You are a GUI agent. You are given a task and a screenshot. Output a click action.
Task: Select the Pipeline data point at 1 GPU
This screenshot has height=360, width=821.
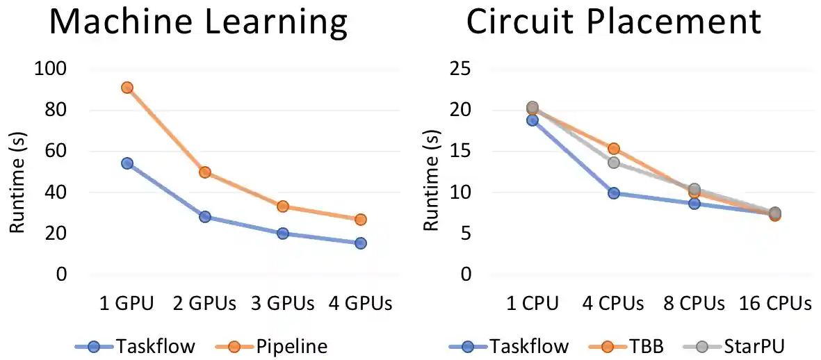tap(127, 88)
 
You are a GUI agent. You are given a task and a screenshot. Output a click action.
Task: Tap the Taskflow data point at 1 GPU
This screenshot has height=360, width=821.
tap(127, 163)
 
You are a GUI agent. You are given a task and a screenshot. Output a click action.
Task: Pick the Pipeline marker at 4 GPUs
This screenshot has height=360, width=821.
tap(360, 220)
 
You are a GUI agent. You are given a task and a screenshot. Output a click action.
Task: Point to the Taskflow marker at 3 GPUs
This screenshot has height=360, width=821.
tap(282, 234)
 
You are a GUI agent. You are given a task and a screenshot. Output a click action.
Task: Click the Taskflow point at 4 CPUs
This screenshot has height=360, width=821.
tap(613, 193)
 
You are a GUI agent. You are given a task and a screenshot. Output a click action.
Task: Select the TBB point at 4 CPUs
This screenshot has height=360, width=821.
tap(613, 149)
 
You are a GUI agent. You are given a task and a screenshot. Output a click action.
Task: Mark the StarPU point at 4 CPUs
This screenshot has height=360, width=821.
tap(613, 163)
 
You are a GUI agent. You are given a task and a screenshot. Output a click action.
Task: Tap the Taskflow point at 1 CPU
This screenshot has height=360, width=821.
tap(532, 120)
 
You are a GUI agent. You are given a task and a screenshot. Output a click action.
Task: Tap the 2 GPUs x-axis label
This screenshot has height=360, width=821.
tap(204, 304)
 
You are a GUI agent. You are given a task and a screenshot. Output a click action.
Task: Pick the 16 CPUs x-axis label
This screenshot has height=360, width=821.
tap(774, 304)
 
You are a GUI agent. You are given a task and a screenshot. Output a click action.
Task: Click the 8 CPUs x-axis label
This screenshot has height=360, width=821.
tap(694, 304)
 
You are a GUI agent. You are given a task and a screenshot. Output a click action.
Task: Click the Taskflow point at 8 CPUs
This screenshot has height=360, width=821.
tap(694, 203)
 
